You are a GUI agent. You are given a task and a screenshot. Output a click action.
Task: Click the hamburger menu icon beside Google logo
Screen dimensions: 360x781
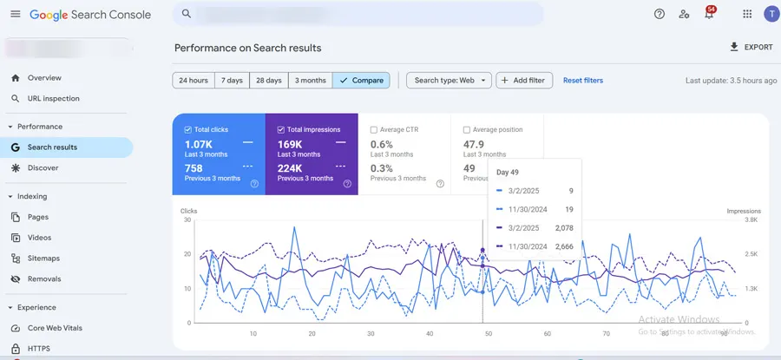(x=15, y=14)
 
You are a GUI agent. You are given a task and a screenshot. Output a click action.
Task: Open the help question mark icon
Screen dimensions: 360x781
(x=660, y=14)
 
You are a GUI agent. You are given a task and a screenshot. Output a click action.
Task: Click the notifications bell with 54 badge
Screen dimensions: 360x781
(x=709, y=15)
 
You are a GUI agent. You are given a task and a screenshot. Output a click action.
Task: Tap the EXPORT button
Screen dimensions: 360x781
(x=751, y=47)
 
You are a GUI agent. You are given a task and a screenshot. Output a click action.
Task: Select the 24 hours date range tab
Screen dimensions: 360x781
(x=193, y=81)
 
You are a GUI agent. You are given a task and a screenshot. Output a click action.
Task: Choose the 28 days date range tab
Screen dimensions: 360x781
(x=268, y=81)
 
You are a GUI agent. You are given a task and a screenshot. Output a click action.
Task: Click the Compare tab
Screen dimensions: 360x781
(x=361, y=81)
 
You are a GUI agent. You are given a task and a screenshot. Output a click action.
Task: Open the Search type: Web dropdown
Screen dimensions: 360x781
(x=449, y=81)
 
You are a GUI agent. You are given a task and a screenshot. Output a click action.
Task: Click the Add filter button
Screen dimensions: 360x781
(x=524, y=81)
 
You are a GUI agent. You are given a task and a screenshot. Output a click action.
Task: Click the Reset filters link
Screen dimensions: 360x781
(x=582, y=81)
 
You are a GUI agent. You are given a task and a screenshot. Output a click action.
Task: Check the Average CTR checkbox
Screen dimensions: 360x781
(x=374, y=130)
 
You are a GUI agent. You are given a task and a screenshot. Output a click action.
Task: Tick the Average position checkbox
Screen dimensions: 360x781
(x=467, y=130)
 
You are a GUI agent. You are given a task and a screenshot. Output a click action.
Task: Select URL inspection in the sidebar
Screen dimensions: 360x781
(x=54, y=99)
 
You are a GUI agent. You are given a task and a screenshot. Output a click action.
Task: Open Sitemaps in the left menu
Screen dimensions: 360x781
(x=43, y=259)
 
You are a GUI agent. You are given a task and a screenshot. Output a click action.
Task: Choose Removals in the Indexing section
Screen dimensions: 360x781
(x=44, y=279)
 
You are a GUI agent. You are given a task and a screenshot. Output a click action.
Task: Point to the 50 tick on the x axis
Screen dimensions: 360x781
(x=489, y=333)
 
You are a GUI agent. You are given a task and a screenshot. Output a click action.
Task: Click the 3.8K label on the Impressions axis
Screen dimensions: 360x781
(x=751, y=220)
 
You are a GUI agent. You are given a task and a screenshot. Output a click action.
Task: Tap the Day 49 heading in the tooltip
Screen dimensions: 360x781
(x=507, y=172)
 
